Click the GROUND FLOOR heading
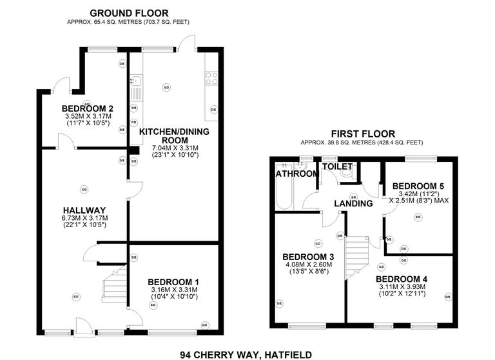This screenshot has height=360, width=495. [x=129, y=13]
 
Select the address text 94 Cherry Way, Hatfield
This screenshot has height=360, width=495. [x=247, y=354]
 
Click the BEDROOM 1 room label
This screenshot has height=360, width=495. [x=173, y=282]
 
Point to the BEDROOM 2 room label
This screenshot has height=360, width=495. [x=88, y=108]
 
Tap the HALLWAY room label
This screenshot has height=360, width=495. [x=84, y=210]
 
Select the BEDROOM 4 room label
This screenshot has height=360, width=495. [x=402, y=279]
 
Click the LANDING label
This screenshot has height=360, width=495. [x=353, y=204]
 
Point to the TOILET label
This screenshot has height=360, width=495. [x=337, y=166]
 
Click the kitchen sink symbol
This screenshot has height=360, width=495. [x=135, y=82]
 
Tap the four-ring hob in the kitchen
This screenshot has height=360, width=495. [x=211, y=78]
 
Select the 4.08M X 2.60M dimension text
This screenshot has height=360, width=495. [x=307, y=264]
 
